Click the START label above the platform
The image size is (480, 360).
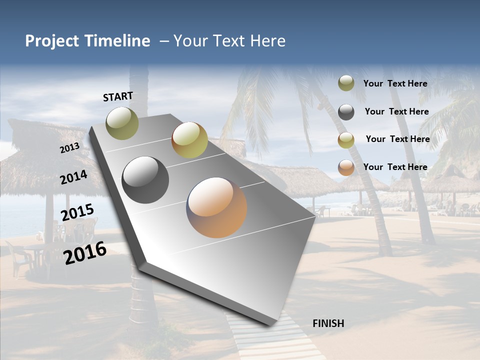118,96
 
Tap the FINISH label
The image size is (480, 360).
328,323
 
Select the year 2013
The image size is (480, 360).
69,148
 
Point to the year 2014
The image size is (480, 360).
73,177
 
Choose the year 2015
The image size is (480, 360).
77,212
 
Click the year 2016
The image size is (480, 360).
85,253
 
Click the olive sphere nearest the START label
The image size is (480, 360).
122,123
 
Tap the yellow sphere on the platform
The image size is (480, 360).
189,140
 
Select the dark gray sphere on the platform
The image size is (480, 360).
145,180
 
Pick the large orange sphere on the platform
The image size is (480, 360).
216,207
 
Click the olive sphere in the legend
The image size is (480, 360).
346,83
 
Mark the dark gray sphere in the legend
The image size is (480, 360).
346,112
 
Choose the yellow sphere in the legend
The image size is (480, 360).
346,140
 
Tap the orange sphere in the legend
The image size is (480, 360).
346,167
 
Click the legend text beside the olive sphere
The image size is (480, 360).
395,84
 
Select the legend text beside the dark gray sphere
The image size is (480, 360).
396,111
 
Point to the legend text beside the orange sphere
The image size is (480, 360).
395,167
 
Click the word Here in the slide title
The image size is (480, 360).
267,41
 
